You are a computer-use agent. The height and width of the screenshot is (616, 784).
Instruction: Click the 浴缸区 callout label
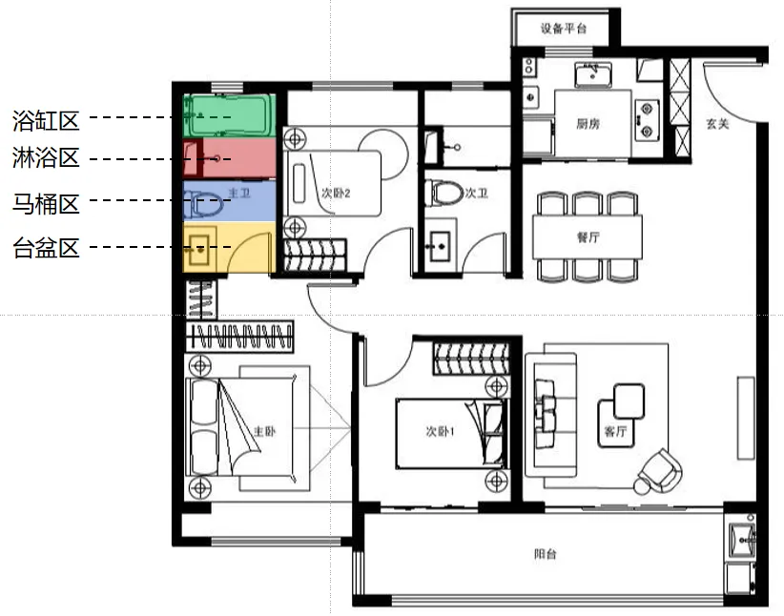45,120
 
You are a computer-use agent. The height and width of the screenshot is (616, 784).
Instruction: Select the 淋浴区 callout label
45,158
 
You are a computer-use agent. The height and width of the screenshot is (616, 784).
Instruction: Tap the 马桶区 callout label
45,202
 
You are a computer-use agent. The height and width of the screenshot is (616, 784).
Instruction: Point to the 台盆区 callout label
45,249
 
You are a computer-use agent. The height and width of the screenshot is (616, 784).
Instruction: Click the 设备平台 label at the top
563,29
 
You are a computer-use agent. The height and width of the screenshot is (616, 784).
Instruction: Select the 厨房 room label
588,123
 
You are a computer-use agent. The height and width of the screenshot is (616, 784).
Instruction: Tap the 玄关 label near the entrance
717,124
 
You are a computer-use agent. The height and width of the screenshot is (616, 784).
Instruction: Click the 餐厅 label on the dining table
588,237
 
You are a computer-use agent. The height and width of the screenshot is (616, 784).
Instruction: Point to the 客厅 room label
615,431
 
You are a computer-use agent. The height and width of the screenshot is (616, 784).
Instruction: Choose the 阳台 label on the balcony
546,556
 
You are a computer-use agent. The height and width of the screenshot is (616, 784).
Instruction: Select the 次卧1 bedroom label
440,431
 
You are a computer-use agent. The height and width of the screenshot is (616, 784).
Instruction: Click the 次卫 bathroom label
476,193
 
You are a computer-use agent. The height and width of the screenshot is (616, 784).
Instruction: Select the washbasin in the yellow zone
200,251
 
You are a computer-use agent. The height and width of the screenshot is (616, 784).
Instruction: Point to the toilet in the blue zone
204,201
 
